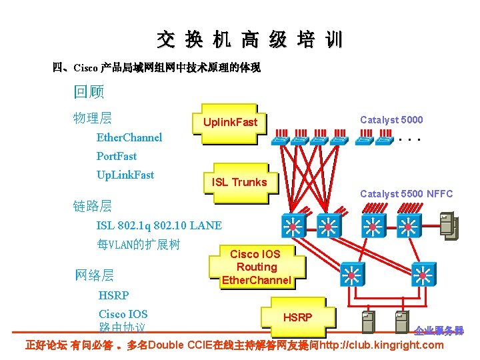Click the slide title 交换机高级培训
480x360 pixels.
250,39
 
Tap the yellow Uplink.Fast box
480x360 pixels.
229,123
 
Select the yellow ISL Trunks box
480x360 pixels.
239,181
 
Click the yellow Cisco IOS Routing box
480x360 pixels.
256,267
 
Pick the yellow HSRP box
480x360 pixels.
297,317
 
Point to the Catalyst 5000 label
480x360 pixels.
391,120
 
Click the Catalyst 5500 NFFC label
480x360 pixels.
406,194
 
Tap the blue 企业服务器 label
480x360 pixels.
438,331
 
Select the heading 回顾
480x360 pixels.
89,91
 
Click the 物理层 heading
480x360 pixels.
92,119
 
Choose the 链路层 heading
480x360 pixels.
92,206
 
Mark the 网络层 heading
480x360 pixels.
93,275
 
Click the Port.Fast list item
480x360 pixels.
117,156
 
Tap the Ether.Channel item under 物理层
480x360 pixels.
129,137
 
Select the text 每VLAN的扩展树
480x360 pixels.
138,244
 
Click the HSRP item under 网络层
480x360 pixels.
113,295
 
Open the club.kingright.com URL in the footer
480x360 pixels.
381,345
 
